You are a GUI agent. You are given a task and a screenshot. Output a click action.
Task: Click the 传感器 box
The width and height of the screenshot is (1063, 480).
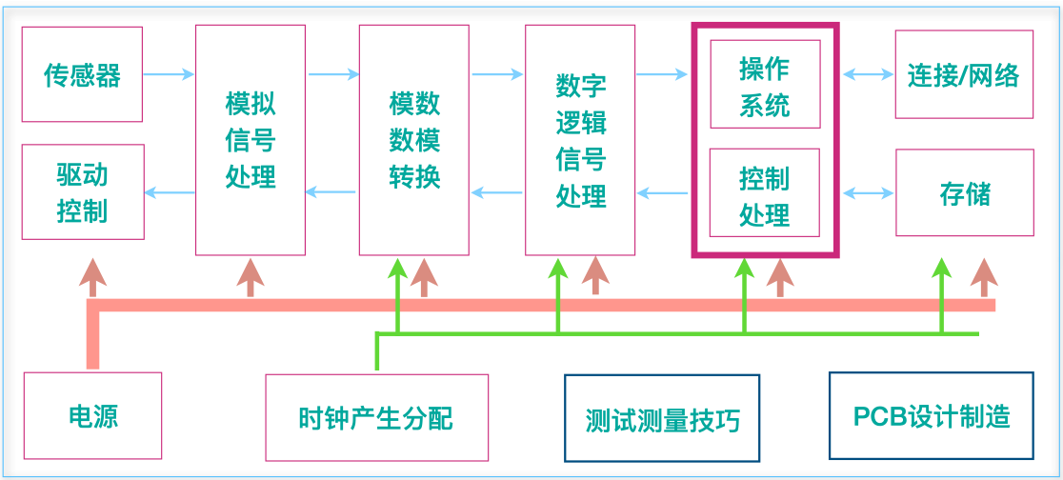82,74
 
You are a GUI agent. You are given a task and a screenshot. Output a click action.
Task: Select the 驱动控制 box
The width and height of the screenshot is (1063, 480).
83,191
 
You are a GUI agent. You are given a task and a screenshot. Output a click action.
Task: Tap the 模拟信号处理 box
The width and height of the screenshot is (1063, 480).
251,140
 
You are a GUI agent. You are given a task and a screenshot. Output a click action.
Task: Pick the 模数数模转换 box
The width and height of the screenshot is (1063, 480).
414,140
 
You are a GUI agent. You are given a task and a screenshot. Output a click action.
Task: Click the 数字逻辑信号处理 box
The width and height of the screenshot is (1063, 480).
580,140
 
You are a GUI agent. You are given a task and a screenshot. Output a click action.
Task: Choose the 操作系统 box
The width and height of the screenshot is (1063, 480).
766,84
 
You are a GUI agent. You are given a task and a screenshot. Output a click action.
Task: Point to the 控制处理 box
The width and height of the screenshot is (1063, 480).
765,192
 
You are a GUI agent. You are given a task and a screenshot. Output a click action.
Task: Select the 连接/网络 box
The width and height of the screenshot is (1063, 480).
965,74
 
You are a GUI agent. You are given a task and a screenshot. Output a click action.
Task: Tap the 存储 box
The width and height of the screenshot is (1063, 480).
965,192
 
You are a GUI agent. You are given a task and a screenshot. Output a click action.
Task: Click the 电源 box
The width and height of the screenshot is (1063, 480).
93,415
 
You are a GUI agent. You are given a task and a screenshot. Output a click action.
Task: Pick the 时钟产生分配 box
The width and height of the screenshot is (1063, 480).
377,417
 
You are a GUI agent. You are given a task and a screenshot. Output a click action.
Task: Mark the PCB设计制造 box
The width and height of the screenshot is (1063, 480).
933,415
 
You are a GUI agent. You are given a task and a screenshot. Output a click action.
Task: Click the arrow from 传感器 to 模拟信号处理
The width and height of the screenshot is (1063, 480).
170,74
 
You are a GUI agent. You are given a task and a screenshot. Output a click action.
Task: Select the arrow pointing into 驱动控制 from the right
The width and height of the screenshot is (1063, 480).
170,192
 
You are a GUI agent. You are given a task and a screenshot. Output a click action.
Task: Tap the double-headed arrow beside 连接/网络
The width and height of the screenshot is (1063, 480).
869,74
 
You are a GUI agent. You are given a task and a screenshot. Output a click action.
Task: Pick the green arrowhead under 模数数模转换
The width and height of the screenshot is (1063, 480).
397,269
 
